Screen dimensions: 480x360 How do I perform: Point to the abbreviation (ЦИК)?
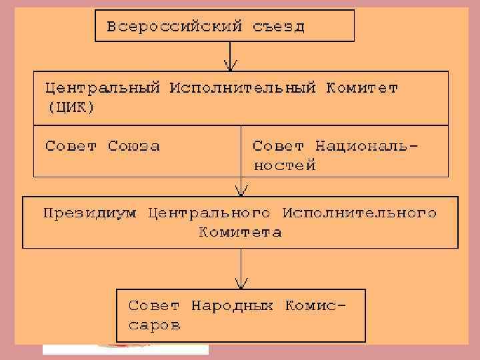click(70, 108)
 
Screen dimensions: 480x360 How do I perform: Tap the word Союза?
click(133, 146)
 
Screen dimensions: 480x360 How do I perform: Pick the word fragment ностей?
click(284, 165)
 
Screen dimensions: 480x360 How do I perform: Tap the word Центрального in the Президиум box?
click(209, 213)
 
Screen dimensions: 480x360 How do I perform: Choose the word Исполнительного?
click(359, 213)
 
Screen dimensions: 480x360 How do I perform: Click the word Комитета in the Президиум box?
click(240, 233)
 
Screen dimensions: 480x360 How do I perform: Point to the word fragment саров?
click(154, 326)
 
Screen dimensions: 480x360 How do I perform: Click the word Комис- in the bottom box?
click(315, 307)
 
